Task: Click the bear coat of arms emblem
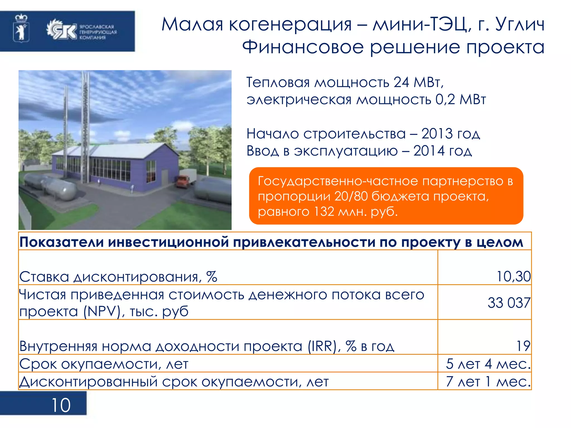21,29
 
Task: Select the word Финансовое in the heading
303,47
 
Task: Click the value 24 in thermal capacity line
401,82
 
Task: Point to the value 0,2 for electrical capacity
445,99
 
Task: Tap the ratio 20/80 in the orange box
351,196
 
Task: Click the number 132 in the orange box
324,212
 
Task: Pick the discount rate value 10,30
513,277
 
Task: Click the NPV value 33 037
509,303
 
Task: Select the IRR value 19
523,346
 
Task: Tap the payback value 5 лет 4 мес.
488,364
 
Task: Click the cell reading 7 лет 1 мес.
488,382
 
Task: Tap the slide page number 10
61,405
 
